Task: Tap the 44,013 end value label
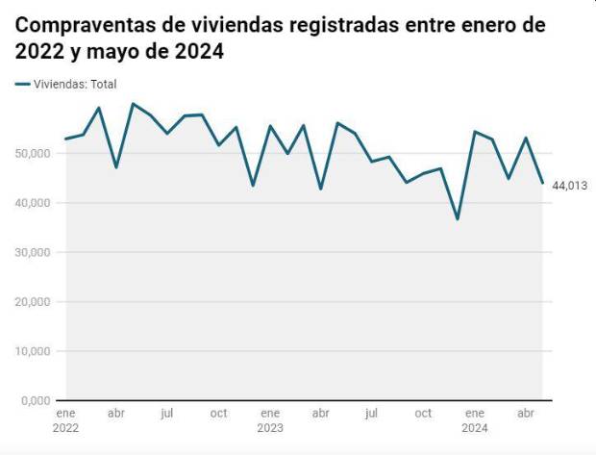coord(570,186)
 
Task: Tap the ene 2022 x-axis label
coord(64,420)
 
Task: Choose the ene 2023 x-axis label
coord(270,420)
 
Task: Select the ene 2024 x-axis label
coord(475,420)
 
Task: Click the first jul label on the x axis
coord(166,414)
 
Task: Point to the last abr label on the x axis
coord(526,414)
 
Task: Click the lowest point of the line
coord(458,219)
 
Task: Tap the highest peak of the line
coord(133,103)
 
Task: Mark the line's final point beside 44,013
coord(542,183)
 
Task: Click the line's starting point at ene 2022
coord(64,139)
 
